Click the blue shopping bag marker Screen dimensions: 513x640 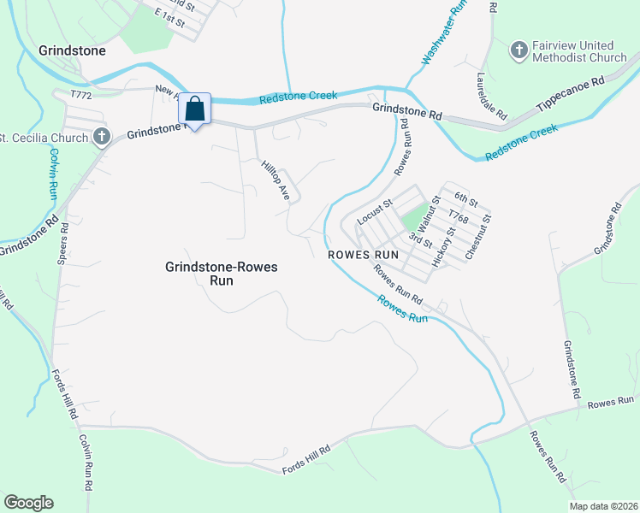click(195, 110)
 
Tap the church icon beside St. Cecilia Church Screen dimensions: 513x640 click(101, 137)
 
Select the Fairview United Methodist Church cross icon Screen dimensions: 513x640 click(519, 51)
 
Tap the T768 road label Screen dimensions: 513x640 click(459, 220)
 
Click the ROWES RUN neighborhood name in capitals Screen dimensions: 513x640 click(364, 255)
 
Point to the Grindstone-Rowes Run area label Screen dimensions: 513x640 click(221, 274)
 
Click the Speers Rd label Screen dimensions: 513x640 click(62, 248)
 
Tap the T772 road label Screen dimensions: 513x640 click(80, 94)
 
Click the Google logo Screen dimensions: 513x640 click(28, 503)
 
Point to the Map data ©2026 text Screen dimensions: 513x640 click(603, 506)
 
